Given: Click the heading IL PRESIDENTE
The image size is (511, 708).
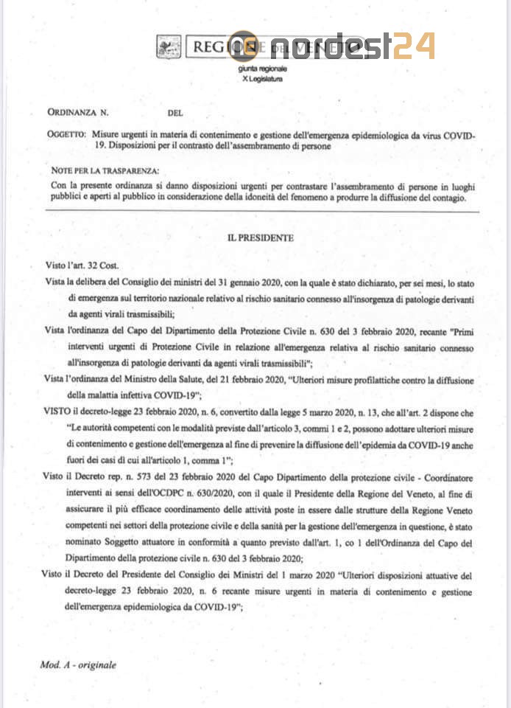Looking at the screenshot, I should (x=260, y=237).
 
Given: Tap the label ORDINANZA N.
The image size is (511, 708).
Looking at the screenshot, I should (x=77, y=113).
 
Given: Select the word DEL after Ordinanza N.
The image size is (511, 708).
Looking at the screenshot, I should (x=175, y=113).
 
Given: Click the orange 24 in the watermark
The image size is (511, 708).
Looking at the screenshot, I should (x=412, y=46).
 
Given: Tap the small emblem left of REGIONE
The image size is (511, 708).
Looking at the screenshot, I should (x=169, y=49).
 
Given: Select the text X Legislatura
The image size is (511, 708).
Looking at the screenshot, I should (x=261, y=78).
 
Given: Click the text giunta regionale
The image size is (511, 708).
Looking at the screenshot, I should (x=262, y=69).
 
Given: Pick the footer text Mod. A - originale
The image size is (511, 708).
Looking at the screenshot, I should (x=78, y=664).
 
